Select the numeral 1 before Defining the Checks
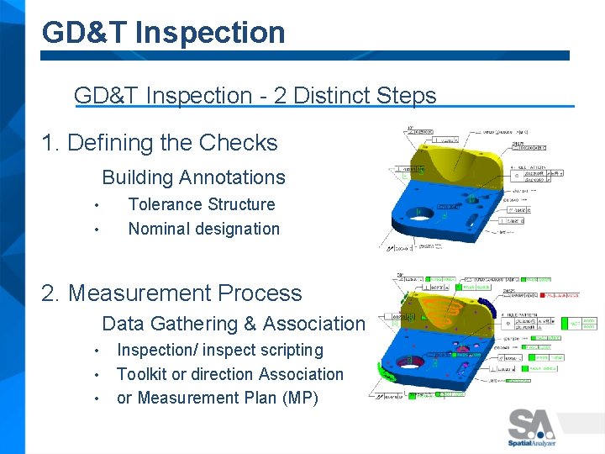pos(48,143)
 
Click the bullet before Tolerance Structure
pos(98,205)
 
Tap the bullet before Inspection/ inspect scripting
pos(98,351)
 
